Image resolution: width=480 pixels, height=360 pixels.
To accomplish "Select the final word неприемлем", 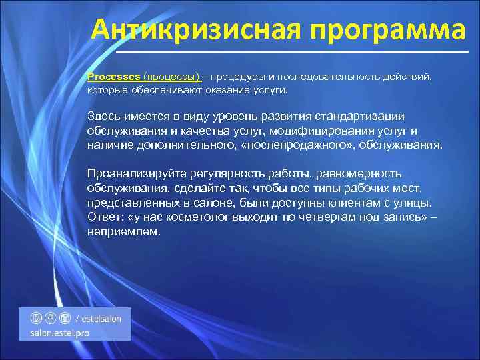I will coord(123,231).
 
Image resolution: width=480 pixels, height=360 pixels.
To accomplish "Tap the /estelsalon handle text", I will coord(99,318).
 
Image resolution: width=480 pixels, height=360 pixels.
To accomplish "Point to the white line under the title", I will coord(292,52).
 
